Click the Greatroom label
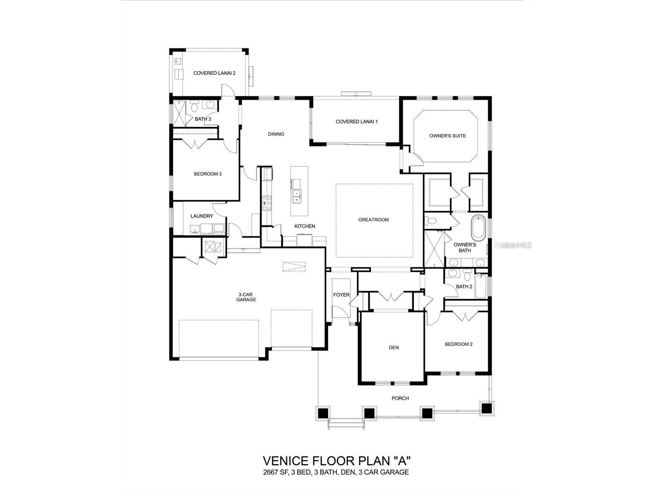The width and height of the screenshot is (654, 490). pyautogui.click(x=373, y=220)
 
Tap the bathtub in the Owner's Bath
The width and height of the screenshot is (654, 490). pyautogui.click(x=477, y=229)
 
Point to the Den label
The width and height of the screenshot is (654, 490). pyautogui.click(x=394, y=347)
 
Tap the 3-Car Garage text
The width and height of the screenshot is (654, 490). pyautogui.click(x=246, y=297)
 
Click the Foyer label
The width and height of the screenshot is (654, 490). pyautogui.click(x=341, y=295)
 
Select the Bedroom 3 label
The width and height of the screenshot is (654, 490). pyautogui.click(x=208, y=174)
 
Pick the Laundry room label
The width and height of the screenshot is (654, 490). pyautogui.click(x=202, y=216)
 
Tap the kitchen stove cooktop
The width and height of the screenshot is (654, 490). pyautogui.click(x=266, y=203)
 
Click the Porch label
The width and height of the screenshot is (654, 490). pyautogui.click(x=400, y=398)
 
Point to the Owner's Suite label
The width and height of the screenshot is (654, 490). pyautogui.click(x=447, y=136)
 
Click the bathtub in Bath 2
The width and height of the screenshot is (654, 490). pyautogui.click(x=482, y=287)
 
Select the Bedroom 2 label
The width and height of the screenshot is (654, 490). pyautogui.click(x=459, y=344)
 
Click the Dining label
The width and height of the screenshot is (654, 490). pyautogui.click(x=276, y=134)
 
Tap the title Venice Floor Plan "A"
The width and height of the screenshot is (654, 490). pyautogui.click(x=336, y=461)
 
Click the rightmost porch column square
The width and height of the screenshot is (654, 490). pyautogui.click(x=486, y=408)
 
